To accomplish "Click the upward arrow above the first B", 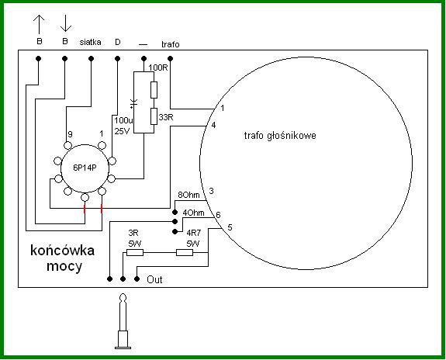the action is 39,25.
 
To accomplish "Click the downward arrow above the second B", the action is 65,23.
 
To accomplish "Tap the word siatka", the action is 90,42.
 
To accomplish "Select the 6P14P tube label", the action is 85,168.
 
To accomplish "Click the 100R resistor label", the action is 158,67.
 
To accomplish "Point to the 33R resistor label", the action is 166,117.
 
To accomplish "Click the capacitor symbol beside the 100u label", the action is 133,104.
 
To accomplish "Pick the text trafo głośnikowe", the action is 280,136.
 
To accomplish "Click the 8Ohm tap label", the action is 188,196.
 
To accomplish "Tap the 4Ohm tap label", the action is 193,213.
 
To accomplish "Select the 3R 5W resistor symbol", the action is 135,252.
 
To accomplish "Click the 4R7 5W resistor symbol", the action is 185,252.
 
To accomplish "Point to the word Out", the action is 154,279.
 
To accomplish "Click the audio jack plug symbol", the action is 123,321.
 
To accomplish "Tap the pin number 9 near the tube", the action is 70,134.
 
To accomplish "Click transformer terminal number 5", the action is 230,227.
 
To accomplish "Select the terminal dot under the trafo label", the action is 170,59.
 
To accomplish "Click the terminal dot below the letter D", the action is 117,59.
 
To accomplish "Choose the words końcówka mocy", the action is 63,258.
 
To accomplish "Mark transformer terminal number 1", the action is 223,108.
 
